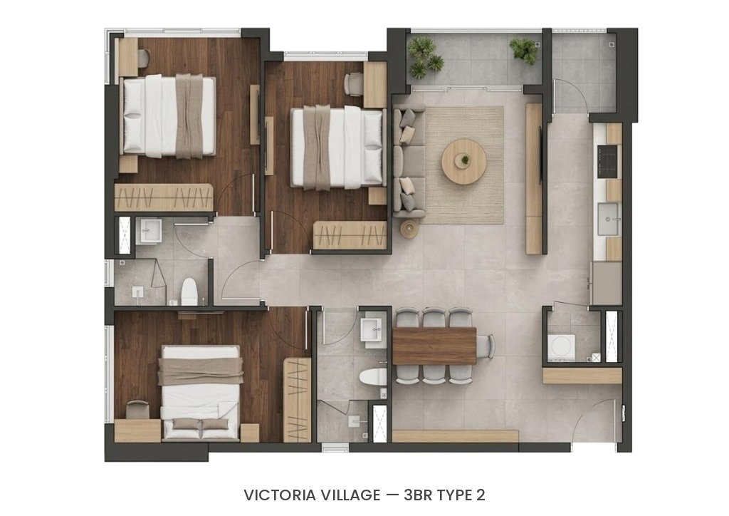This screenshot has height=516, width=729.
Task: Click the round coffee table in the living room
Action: (x=463, y=161)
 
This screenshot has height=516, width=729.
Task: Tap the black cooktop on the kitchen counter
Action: (x=608, y=162)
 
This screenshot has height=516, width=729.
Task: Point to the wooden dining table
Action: (x=434, y=346)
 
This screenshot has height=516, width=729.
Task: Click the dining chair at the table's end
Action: (x=486, y=346)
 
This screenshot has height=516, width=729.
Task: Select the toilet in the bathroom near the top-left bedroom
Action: (x=189, y=291)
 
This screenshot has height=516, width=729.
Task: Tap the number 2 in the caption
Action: (x=481, y=495)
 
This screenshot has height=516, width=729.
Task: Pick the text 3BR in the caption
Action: (x=418, y=495)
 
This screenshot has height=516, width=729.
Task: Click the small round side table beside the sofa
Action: (x=409, y=229)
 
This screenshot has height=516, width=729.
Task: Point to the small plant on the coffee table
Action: (x=464, y=160)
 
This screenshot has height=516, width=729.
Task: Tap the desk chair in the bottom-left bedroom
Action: (x=137, y=409)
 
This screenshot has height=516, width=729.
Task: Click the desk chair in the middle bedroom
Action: (x=355, y=84)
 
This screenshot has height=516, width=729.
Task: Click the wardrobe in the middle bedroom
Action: (x=350, y=235)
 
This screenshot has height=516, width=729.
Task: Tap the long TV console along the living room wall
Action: (x=534, y=179)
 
